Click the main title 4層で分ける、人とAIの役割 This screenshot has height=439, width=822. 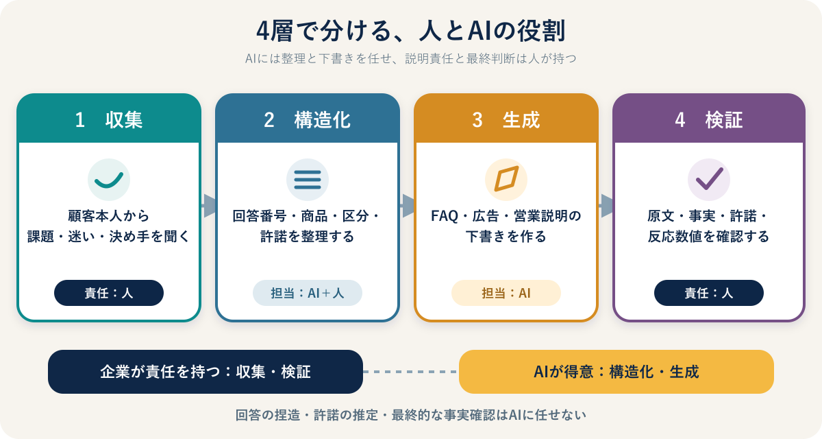click(x=410, y=32)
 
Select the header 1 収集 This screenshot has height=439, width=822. click(x=109, y=120)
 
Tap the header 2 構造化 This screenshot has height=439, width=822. click(x=307, y=120)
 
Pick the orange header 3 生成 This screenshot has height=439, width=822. click(x=506, y=120)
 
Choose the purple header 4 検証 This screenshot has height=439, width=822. click(x=709, y=120)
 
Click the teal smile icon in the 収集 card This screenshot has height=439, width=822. click(x=109, y=180)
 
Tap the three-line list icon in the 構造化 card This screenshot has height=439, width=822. click(x=308, y=180)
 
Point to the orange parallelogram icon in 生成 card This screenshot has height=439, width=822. click(x=506, y=179)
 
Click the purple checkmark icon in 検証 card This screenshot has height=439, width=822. click(x=710, y=178)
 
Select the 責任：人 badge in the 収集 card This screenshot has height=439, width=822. click(x=109, y=293)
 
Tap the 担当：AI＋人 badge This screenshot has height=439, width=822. click(x=308, y=293)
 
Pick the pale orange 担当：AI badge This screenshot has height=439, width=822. click(x=506, y=293)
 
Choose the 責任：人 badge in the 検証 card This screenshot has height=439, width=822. click(x=709, y=293)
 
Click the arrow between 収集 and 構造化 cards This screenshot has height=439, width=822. click(x=208, y=206)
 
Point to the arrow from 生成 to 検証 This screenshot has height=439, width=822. click(x=606, y=206)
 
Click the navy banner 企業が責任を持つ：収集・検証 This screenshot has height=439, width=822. click(x=206, y=372)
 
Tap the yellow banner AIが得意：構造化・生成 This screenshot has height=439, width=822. click(x=616, y=372)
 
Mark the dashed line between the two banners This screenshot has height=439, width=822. click(x=411, y=372)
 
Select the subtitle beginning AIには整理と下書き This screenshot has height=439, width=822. click(x=410, y=59)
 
